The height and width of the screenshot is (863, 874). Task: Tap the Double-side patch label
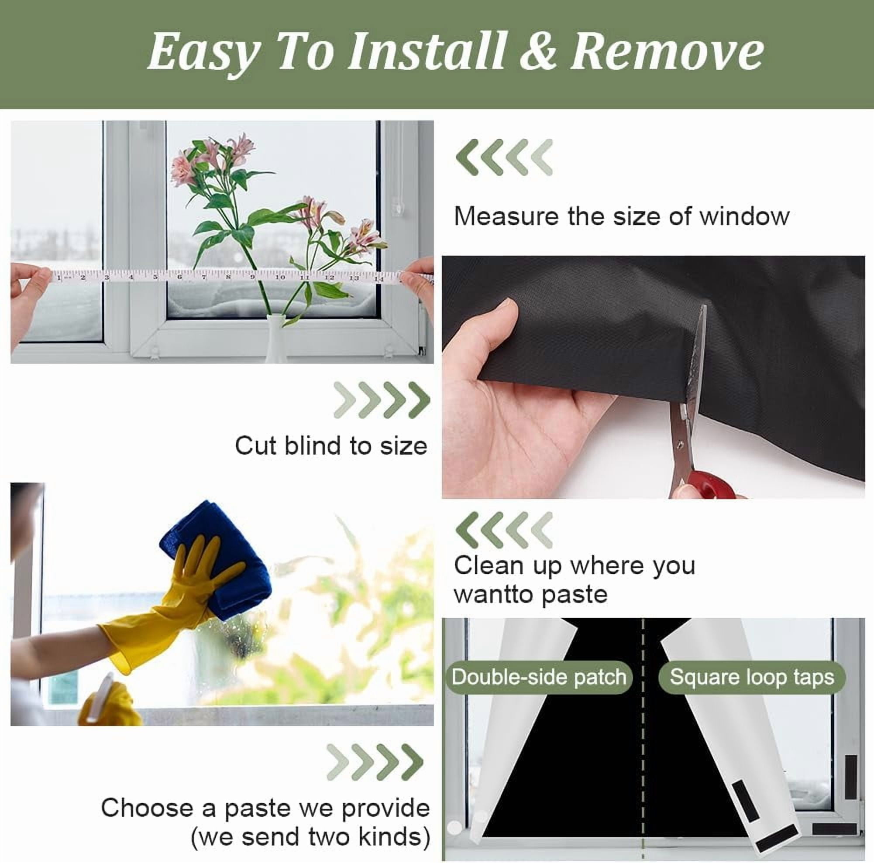point(538,677)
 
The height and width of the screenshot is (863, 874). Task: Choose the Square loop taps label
point(752,677)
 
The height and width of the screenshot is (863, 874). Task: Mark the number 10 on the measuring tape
point(280,277)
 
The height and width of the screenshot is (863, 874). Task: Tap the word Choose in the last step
point(147,808)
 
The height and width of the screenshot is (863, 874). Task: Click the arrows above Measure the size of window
point(504,157)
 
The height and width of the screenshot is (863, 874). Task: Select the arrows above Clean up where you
point(504,530)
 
